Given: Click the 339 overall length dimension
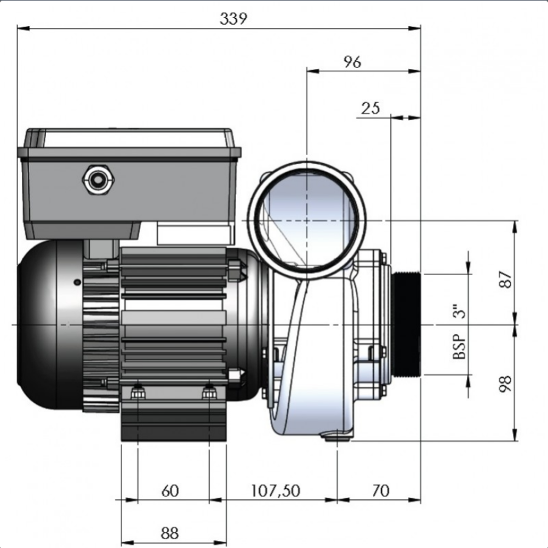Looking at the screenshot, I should click(x=233, y=18).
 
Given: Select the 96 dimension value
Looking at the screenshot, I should click(x=352, y=62).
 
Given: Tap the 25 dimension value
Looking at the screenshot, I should click(x=370, y=108).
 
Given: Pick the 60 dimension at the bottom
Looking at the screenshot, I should click(x=170, y=490).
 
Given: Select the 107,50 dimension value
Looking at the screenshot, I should click(x=275, y=490).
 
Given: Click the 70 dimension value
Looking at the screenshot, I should click(x=379, y=490).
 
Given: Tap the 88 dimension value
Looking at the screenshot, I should click(x=170, y=533).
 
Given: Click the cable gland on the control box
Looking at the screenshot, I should click(x=99, y=180).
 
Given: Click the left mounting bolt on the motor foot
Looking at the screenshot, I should click(x=138, y=392).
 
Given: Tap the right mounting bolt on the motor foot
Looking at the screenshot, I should click(x=209, y=392).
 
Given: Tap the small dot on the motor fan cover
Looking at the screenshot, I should click(x=77, y=282).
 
